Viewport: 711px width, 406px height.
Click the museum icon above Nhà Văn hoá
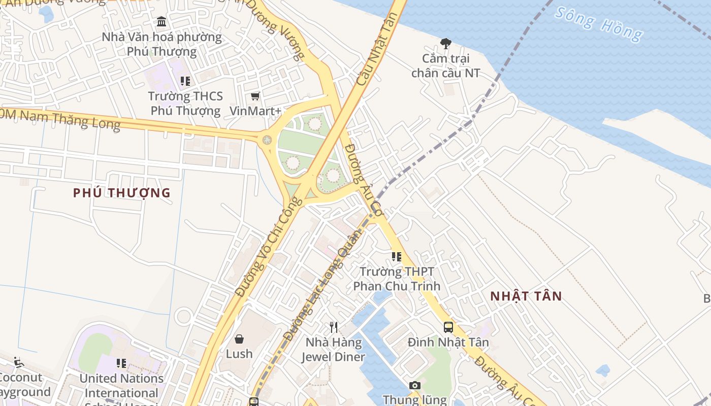[161, 22]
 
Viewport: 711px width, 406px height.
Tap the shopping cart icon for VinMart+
[255, 96]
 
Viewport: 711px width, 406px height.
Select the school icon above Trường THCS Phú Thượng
[185, 81]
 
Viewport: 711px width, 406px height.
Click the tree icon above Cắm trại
[445, 44]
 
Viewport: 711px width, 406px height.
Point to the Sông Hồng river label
[598, 23]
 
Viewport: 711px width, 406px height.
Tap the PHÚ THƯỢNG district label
[121, 193]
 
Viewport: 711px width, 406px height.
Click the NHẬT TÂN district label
[526, 296]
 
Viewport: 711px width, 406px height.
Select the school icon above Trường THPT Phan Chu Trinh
[397, 257]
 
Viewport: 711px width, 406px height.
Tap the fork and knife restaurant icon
[334, 327]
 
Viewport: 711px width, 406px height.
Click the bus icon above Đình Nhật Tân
[448, 327]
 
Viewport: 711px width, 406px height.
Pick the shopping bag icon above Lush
[239, 339]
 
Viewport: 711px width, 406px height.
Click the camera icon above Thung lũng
[415, 385]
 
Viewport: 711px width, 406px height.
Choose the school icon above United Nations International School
[121, 363]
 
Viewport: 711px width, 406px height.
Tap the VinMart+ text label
[255, 111]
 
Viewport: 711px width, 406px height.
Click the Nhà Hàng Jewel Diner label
[333, 350]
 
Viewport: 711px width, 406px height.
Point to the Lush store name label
[239, 354]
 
